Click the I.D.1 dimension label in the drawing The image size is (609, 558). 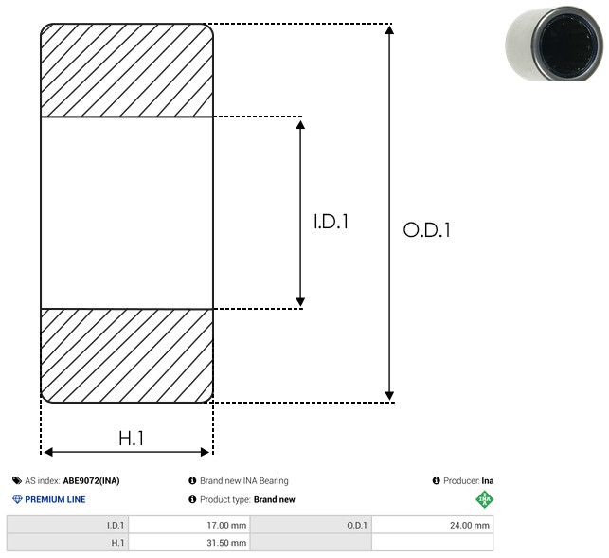(331, 222)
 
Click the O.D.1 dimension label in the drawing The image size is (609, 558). (427, 229)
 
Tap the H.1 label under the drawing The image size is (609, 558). (131, 439)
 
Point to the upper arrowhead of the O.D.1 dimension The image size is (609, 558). (389, 29)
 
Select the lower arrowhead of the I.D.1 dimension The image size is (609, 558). (300, 302)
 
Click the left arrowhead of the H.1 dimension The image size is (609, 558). (47, 452)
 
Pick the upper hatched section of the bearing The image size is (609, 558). (127, 70)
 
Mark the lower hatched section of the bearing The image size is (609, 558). (127, 355)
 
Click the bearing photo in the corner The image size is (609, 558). (554, 43)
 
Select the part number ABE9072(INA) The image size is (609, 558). (91, 481)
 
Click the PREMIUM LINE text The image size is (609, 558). (55, 499)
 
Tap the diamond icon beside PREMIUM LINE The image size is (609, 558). (17, 499)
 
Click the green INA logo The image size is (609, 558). (485, 499)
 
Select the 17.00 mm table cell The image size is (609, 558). (189, 526)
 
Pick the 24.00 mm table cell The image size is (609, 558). (432, 526)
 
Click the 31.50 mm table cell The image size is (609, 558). (189, 543)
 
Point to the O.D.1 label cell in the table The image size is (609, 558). (311, 526)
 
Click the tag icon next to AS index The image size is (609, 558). (17, 481)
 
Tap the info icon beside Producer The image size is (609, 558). (437, 481)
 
